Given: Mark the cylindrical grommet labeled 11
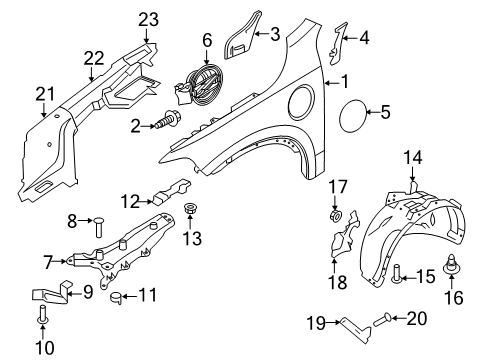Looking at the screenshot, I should click(116, 295).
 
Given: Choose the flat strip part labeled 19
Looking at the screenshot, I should click(346, 322).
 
